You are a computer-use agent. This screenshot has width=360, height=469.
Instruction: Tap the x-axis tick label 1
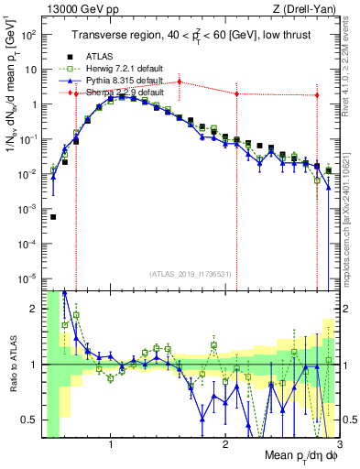tap(111, 446)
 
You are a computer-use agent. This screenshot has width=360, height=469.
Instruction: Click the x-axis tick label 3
tap(338, 446)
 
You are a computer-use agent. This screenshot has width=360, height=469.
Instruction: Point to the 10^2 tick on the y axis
tap(30, 35)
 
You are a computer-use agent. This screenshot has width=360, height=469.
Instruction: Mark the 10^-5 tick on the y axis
tap(30, 278)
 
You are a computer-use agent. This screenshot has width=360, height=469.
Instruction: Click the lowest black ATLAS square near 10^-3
tap(53, 217)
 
